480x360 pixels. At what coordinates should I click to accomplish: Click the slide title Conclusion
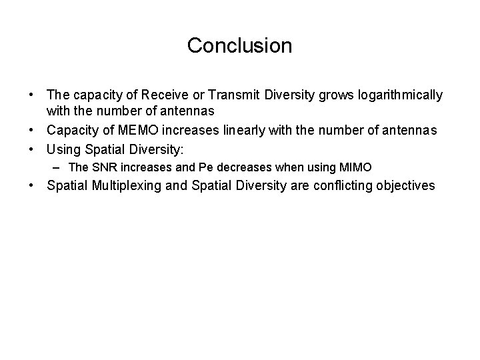(239, 46)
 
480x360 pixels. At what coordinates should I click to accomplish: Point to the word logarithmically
(400, 95)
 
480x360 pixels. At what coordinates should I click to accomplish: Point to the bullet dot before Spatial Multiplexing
(32, 185)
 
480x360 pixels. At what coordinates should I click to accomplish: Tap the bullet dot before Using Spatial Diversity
(32, 146)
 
